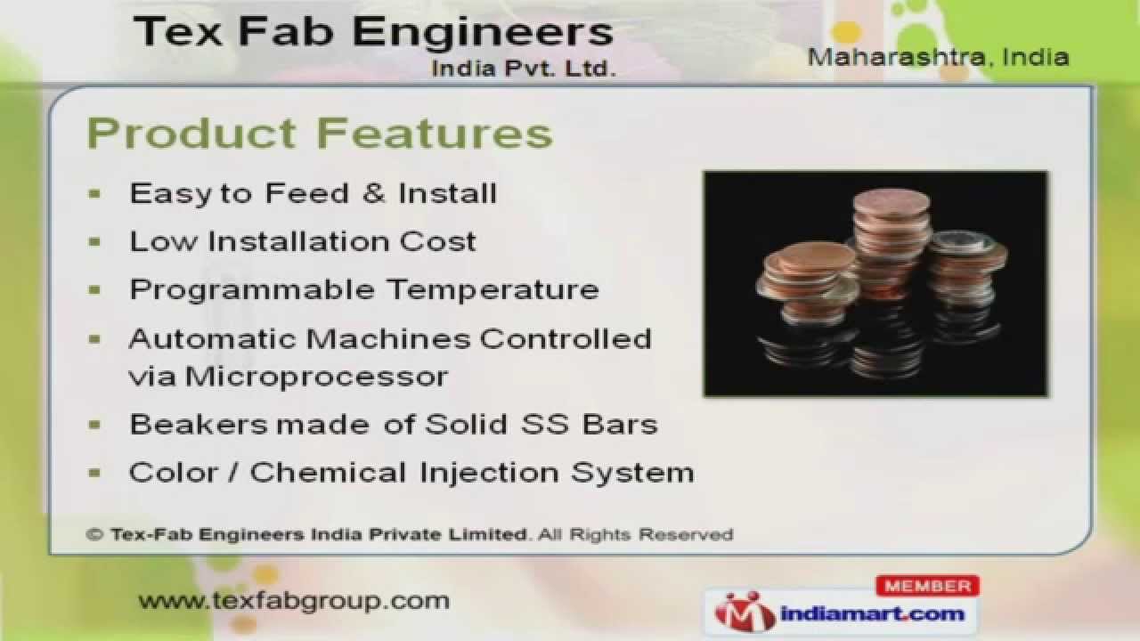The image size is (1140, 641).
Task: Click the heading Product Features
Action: [x=319, y=134]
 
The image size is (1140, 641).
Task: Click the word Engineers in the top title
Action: [x=482, y=33]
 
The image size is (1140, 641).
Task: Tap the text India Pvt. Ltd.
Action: [x=524, y=69]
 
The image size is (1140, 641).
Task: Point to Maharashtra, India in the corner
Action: [x=938, y=57]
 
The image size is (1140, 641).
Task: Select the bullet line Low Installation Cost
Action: [x=303, y=241]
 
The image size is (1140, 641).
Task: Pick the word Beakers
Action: [x=198, y=424]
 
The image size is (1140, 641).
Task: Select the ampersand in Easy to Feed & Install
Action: [x=374, y=193]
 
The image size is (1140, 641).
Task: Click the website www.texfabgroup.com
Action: [x=294, y=601]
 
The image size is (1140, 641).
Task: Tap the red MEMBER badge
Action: [x=927, y=586]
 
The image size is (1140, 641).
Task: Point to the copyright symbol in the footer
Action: [x=94, y=535]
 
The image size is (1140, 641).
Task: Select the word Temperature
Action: [x=492, y=290]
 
